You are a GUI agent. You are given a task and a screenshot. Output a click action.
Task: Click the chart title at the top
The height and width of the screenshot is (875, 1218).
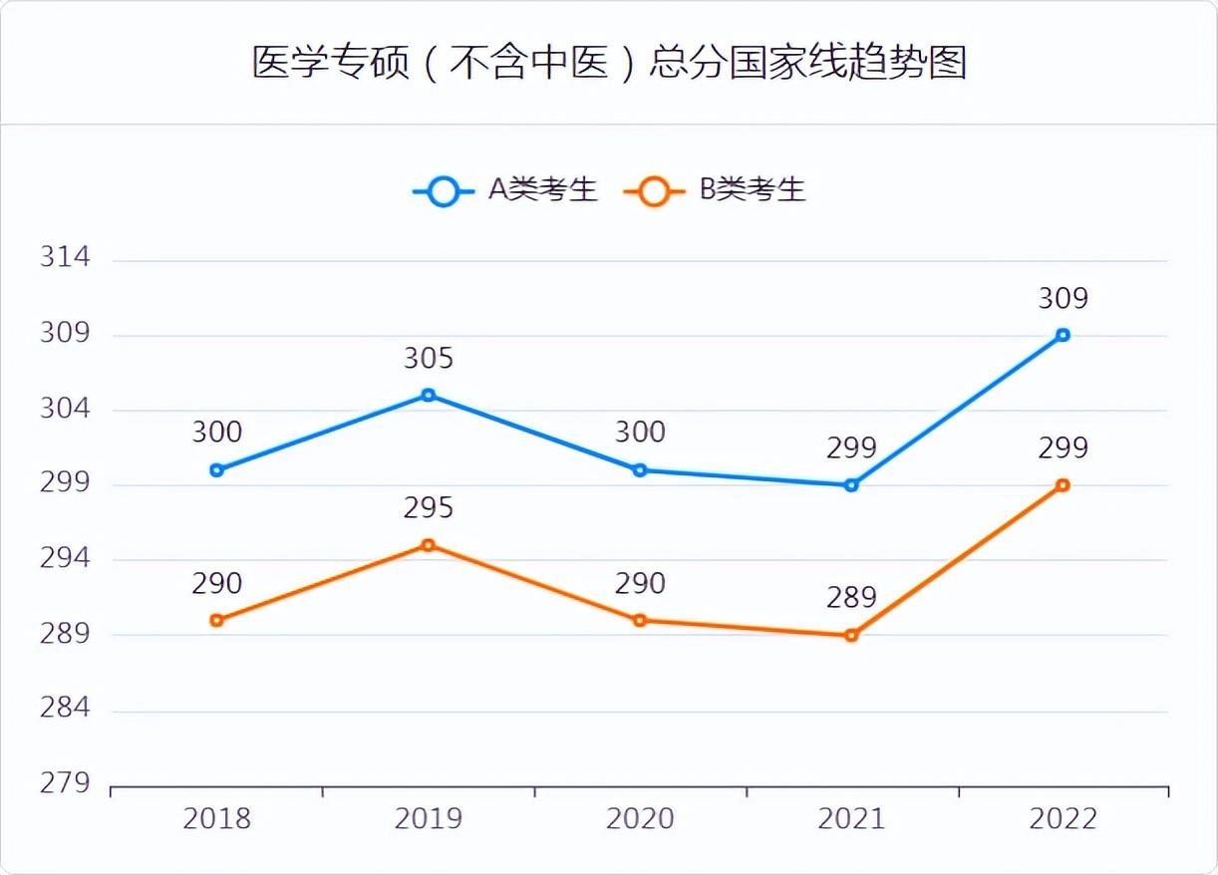pos(609,63)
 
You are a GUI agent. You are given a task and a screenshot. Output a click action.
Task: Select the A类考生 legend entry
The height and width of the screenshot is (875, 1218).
pos(505,189)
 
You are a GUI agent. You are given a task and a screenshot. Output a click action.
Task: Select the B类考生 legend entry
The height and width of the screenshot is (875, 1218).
pos(715,189)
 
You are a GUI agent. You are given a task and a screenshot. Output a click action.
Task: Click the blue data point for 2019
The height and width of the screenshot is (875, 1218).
pos(429,396)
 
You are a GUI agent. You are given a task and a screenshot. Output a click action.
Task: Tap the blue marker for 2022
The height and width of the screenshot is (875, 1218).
pos(1063,335)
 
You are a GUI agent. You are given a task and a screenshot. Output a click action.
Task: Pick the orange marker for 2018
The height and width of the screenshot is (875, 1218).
pos(217,620)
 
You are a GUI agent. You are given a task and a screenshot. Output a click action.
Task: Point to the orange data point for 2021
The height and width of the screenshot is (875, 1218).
pos(851,635)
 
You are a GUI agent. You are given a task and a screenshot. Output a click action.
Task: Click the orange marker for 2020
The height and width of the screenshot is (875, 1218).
pos(640,620)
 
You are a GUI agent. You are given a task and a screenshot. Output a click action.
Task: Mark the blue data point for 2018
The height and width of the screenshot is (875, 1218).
pos(217,470)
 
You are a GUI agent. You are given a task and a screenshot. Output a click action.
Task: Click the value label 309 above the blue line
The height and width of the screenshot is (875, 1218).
pos(1063,298)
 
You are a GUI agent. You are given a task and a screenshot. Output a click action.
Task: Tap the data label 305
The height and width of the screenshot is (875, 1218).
pos(429,359)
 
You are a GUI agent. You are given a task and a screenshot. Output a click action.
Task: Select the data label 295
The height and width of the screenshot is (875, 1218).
pos(429,508)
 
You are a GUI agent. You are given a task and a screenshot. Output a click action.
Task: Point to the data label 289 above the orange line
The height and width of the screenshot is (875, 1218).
pos(851,598)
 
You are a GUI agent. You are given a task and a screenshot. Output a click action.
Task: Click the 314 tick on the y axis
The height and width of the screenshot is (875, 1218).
pos(65,257)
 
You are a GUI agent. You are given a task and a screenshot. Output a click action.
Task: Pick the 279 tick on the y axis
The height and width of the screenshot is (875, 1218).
pos(65,783)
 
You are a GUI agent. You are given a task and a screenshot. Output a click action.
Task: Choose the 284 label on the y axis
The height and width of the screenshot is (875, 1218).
pos(65,709)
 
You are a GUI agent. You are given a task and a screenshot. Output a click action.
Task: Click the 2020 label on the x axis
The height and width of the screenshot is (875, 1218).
pos(640,819)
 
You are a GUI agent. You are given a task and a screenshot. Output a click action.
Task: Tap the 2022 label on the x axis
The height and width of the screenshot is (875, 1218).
pos(1063,819)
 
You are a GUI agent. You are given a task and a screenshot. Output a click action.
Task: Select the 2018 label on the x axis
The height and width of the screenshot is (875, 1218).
pos(217,819)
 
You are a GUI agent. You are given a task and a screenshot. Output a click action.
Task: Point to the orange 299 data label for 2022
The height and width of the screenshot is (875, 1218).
pos(1063,448)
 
